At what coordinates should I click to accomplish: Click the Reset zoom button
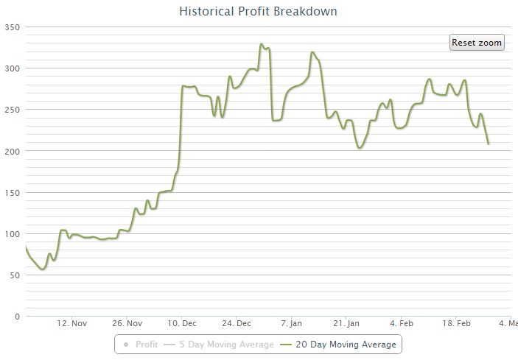477,43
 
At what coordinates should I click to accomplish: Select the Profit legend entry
141,344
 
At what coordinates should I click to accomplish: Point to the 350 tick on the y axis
13,27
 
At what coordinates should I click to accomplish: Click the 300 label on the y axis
13,68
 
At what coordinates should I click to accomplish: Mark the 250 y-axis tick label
13,110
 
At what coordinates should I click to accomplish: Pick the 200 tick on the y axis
13,151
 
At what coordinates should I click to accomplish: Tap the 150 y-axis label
13,192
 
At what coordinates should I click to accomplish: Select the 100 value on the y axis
13,234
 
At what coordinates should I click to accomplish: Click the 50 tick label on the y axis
15,275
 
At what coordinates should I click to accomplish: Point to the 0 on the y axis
17,317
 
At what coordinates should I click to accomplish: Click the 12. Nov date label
72,323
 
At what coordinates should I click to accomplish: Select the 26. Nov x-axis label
127,323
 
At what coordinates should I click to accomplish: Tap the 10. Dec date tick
182,323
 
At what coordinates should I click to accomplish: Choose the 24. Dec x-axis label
237,323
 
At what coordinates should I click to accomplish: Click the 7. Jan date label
292,323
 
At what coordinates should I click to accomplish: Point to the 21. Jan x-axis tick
346,323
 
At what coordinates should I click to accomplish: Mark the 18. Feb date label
456,323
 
